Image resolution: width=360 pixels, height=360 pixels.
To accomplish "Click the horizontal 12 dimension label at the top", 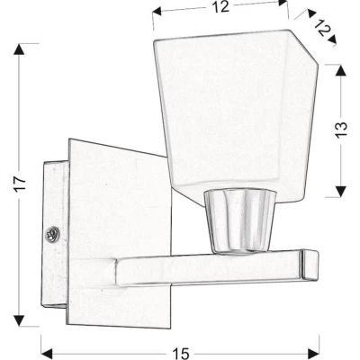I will point(220,8).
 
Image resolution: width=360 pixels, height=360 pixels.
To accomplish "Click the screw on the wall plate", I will point(53,236).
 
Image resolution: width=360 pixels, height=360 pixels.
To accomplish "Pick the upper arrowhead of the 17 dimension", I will point(18,47).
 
